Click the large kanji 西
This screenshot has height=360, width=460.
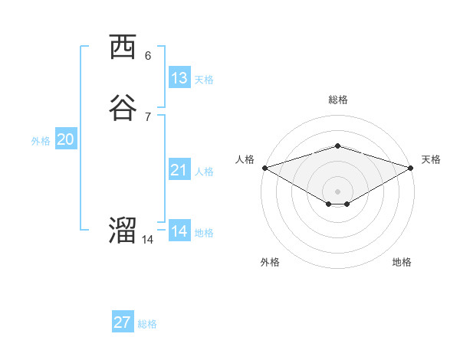click(x=123, y=48)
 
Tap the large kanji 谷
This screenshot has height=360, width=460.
click(x=123, y=107)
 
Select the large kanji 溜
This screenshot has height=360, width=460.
click(x=123, y=230)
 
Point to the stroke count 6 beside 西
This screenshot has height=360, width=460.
click(x=148, y=56)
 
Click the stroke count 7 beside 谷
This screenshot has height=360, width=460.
click(x=148, y=116)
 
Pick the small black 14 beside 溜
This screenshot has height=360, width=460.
click(x=147, y=240)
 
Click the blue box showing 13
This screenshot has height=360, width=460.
click(x=179, y=78)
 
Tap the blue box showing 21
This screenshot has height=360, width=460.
click(x=179, y=170)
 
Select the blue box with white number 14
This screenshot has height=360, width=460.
click(x=179, y=231)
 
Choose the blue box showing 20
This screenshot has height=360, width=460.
click(x=66, y=139)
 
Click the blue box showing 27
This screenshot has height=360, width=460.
click(x=123, y=322)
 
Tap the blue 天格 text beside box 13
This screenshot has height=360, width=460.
click(x=204, y=80)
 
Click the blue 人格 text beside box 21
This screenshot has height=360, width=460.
click(x=204, y=172)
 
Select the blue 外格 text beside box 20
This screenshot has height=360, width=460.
click(x=41, y=141)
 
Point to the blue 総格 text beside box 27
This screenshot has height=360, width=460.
click(x=147, y=324)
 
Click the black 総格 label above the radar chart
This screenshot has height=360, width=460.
click(x=337, y=100)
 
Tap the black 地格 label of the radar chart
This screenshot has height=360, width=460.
click(x=402, y=263)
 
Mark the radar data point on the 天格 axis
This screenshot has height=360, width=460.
click(x=410, y=167)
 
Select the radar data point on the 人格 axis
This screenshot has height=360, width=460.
click(x=264, y=167)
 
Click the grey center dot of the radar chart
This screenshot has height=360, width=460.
click(x=337, y=191)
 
